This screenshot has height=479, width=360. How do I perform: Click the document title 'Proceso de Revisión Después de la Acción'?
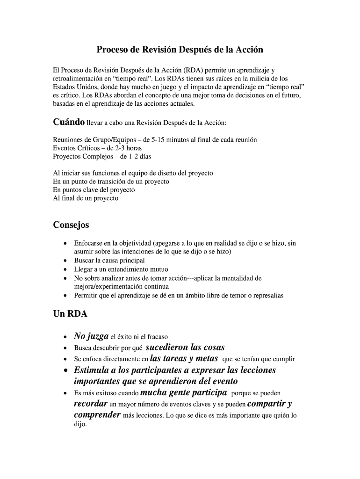pos(180,50)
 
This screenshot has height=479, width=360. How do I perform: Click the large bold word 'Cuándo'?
pos(69,122)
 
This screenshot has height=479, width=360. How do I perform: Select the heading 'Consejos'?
pos(71,225)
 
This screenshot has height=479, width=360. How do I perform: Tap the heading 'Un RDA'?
pos(70,314)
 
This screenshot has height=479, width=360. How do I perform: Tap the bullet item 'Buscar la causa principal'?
pos(109,261)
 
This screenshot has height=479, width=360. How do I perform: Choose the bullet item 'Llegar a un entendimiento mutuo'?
pos(121,269)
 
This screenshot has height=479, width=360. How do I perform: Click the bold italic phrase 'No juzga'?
pos(91,336)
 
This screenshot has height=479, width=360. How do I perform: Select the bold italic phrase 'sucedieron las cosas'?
pos(185,347)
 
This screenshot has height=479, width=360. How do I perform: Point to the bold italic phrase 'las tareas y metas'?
pos(184,359)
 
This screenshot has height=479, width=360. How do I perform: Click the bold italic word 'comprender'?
pos(97,415)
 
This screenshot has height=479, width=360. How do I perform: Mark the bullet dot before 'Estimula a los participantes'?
pos(65,370)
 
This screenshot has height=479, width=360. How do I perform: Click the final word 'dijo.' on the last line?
pos(80,425)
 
